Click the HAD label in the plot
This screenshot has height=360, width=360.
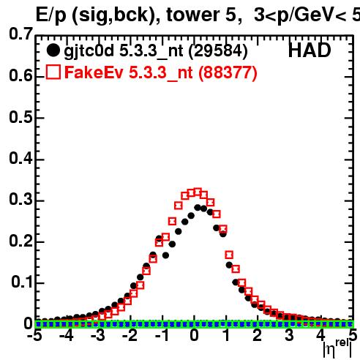tap(310, 50)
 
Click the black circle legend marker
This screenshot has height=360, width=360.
tap(53, 50)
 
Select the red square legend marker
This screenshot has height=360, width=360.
tap(53, 72)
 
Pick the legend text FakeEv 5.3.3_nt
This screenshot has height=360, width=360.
tap(129, 72)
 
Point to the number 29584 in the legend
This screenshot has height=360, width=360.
tap(218, 51)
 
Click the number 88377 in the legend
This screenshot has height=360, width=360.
tap(228, 72)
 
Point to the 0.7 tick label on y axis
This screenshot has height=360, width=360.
tap(20, 34)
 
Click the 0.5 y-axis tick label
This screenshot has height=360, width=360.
tap(20, 117)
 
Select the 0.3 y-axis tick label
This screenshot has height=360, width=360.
tap(20, 199)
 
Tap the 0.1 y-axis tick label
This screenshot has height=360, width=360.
tap(22, 282)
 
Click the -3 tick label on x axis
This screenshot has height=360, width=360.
tap(98, 335)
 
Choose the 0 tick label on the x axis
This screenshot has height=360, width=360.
tap(194, 335)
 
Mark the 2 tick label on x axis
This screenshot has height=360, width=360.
tap(258, 335)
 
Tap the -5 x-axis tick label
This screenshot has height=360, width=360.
tap(34, 335)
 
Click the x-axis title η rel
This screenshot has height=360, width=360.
tap(337, 348)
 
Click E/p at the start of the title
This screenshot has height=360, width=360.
tap(50, 15)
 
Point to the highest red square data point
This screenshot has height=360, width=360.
tap(198, 192)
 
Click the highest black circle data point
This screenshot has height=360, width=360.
tap(198, 208)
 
